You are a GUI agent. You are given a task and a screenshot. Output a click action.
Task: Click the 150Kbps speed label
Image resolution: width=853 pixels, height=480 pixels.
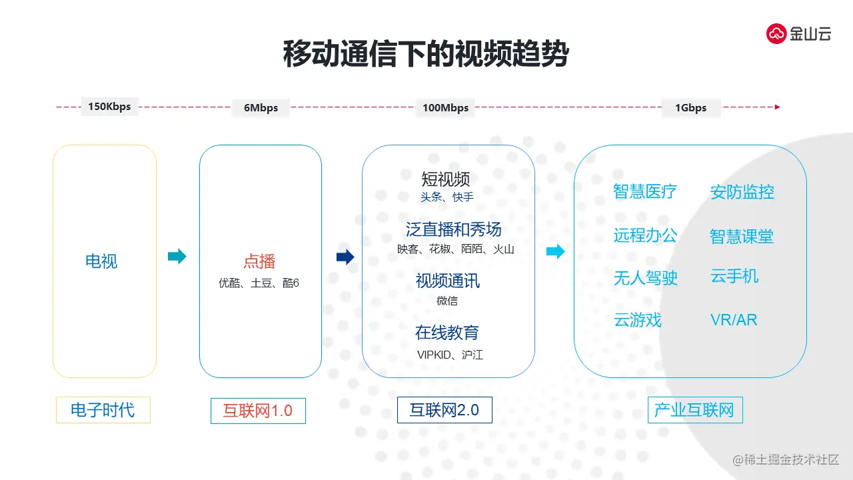point(109,107)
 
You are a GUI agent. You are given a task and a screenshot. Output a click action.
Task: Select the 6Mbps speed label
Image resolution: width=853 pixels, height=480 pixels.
point(261,107)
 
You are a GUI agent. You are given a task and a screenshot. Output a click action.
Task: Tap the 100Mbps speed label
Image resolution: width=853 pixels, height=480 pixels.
point(445,107)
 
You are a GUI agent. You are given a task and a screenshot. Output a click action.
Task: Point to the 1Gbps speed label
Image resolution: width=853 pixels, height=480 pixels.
point(690,107)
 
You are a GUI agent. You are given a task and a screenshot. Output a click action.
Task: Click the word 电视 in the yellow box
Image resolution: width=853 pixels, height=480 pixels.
point(101,261)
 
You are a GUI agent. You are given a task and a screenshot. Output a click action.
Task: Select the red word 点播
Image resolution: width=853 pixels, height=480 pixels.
point(259,261)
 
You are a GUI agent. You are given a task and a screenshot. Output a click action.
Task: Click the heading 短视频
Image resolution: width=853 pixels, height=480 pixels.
point(446,179)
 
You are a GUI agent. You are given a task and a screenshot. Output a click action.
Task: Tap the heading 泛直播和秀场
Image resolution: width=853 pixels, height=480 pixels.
point(454,230)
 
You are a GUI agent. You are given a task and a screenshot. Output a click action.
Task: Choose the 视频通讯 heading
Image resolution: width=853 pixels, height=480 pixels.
point(447,281)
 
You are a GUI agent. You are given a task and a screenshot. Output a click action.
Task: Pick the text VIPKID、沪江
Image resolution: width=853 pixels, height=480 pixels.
point(450,355)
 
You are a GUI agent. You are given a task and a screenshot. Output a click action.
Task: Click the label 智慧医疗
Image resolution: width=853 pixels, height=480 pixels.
point(645,192)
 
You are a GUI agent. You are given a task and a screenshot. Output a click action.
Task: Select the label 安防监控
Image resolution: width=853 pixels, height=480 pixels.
point(742,193)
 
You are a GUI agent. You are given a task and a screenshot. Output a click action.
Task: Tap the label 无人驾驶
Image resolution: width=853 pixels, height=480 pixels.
point(645,278)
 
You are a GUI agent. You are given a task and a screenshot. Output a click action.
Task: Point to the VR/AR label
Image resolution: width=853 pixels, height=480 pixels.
point(734,320)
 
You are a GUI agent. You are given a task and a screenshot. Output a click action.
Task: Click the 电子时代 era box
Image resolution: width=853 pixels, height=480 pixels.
point(103,410)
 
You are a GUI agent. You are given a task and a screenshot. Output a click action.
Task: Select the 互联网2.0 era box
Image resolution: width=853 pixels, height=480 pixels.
point(444,410)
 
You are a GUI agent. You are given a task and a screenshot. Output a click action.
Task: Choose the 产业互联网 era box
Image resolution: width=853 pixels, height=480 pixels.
point(694,410)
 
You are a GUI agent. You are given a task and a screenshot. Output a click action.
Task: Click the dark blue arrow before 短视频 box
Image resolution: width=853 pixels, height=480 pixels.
point(345,257)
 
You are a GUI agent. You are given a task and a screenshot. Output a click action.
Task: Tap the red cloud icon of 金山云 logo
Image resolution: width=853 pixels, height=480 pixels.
point(776,33)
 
